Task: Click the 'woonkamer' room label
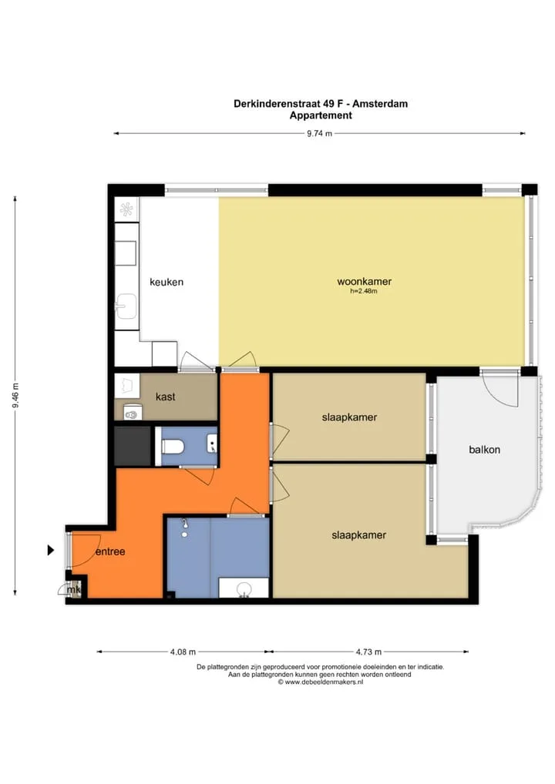pyautogui.click(x=364, y=282)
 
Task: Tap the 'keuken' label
pyautogui.click(x=166, y=282)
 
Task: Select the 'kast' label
pyautogui.click(x=165, y=397)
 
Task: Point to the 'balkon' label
pyautogui.click(x=484, y=450)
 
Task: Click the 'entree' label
pyautogui.click(x=110, y=551)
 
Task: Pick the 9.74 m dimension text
pyautogui.click(x=319, y=133)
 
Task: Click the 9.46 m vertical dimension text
pyautogui.click(x=15, y=395)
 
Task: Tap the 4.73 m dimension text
pyautogui.click(x=368, y=652)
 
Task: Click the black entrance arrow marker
pyautogui.click(x=51, y=550)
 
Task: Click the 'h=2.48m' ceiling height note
pyautogui.click(x=364, y=291)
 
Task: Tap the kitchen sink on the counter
pyautogui.click(x=126, y=306)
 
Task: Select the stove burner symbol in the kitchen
pyautogui.click(x=127, y=209)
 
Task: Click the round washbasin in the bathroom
pyautogui.click(x=244, y=589)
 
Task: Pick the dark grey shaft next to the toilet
pyautogui.click(x=133, y=445)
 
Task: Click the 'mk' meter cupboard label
pyautogui.click(x=73, y=590)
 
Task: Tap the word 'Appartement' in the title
pyautogui.click(x=321, y=116)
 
